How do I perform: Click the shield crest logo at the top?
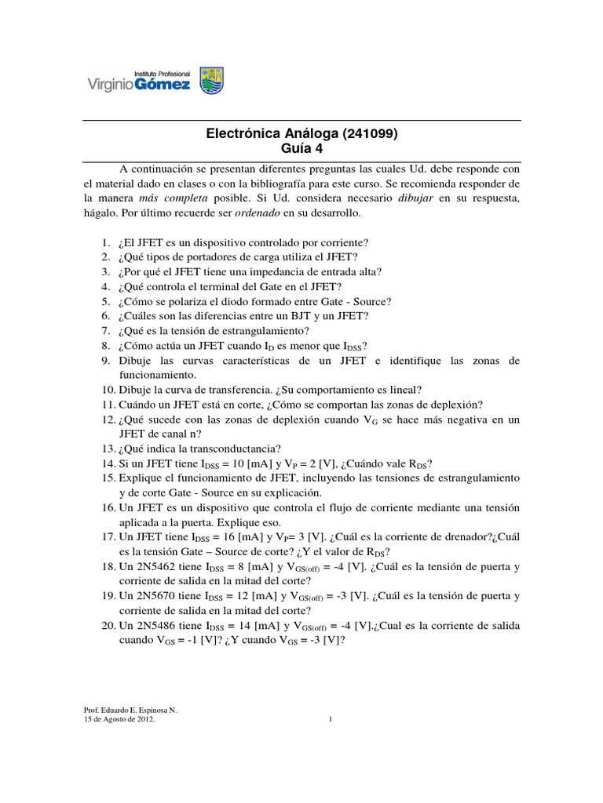point(211,80)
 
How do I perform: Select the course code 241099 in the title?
point(365,134)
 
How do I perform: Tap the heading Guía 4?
point(301,148)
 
